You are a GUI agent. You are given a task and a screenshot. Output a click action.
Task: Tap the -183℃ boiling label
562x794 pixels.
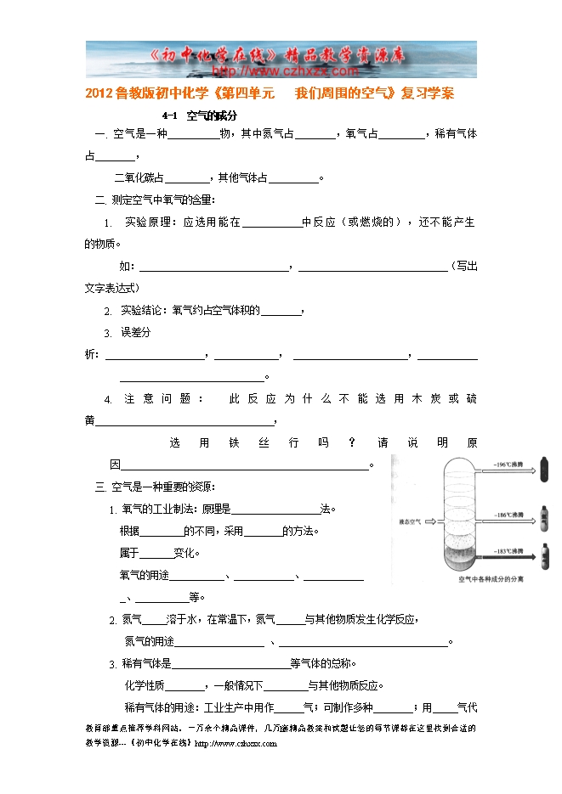click(x=509, y=551)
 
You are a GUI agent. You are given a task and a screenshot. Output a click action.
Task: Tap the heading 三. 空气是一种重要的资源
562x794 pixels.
click(x=154, y=487)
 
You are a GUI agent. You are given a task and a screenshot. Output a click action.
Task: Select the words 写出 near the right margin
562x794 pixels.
click(x=466, y=266)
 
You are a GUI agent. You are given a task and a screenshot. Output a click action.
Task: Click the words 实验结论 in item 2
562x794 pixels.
click(x=141, y=310)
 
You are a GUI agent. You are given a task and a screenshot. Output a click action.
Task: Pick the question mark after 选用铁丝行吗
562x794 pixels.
click(x=352, y=442)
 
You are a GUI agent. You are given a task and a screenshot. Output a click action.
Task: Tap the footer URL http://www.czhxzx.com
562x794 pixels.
click(x=236, y=744)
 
